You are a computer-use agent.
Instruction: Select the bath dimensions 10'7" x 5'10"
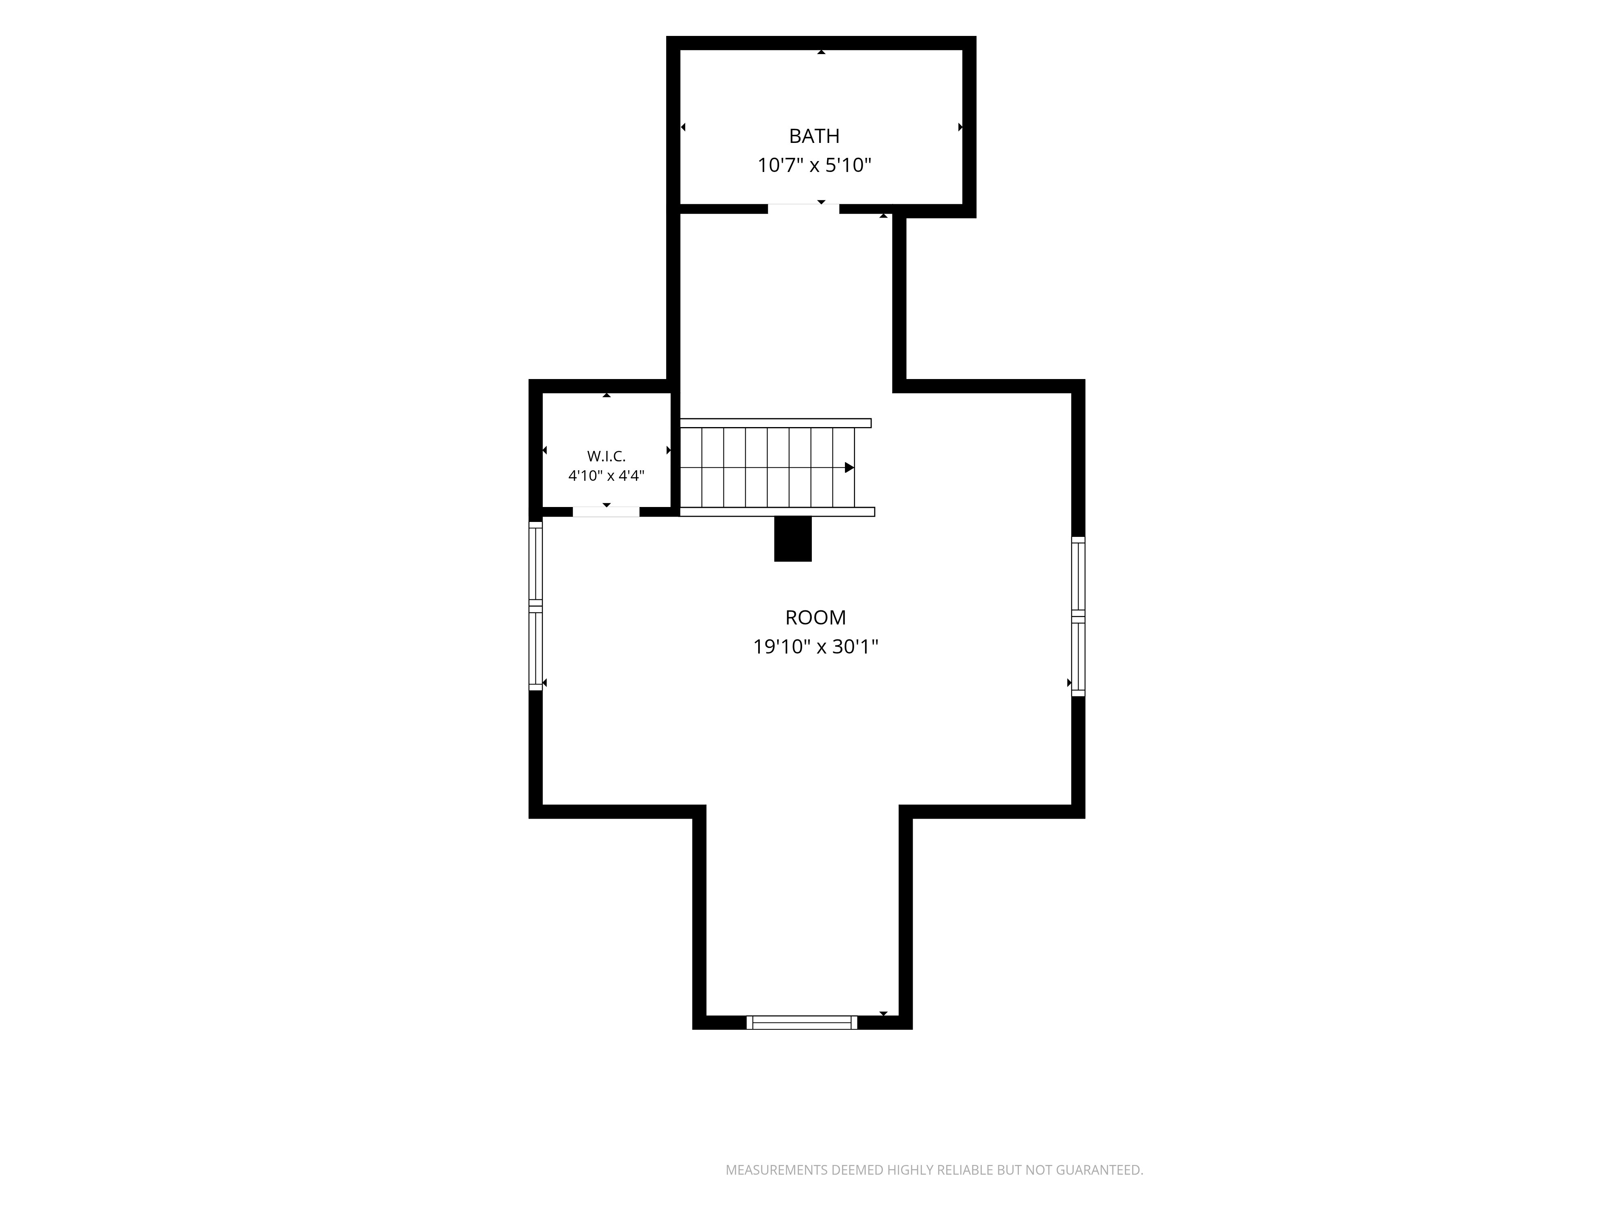tap(814, 166)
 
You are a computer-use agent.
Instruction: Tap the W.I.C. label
tap(606, 456)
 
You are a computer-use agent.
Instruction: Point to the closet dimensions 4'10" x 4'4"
tap(606, 476)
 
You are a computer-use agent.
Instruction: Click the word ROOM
tap(815, 618)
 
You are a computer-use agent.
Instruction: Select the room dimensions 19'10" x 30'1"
tap(815, 647)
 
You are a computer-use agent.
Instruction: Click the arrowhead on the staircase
tap(849, 467)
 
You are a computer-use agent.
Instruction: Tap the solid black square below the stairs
tap(792, 539)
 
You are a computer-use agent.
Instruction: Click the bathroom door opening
tap(803, 209)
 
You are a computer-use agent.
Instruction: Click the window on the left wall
tap(535, 606)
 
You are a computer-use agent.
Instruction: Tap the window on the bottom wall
tap(801, 1022)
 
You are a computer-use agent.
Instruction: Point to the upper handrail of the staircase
tap(776, 423)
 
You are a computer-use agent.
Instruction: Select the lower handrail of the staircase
tap(777, 512)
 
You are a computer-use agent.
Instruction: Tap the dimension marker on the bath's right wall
tap(960, 127)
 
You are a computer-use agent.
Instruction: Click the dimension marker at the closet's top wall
tap(606, 395)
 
